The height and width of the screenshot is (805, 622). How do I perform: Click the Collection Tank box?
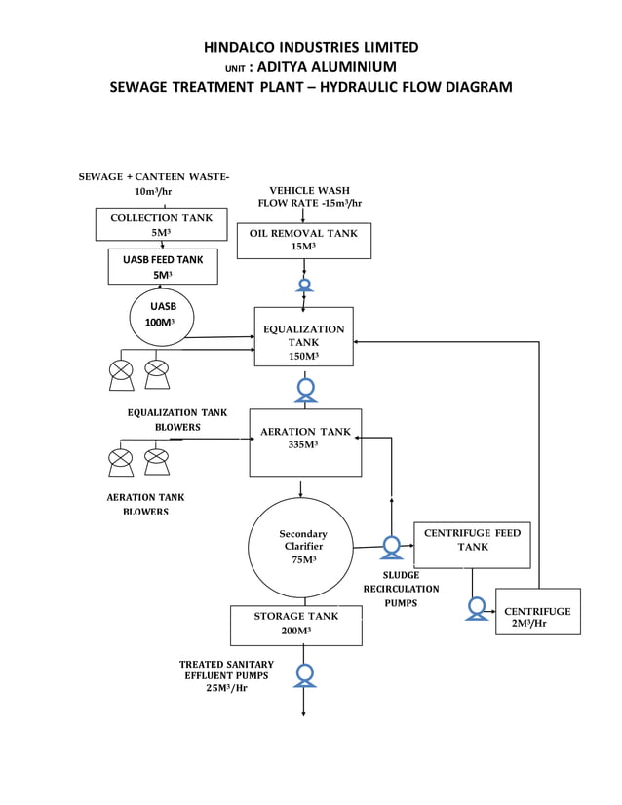161,224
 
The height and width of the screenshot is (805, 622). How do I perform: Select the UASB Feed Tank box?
162,266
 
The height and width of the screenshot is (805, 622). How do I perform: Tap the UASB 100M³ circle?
162,316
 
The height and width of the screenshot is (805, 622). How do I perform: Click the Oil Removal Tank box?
303,240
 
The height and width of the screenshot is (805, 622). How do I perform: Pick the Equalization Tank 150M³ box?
303,336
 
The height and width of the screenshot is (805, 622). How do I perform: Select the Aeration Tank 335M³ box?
305,441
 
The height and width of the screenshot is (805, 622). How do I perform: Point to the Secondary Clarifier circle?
302,547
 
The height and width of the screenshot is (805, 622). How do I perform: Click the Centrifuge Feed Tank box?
472,545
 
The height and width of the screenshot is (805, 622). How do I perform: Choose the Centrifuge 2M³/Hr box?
537,611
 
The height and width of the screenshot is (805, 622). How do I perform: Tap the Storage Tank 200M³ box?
295,625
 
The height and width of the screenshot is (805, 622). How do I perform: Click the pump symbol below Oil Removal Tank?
304,285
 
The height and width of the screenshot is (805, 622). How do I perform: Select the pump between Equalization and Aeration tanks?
305,389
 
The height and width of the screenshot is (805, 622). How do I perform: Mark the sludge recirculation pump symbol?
392,547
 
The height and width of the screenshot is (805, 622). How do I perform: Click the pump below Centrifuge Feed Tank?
477,608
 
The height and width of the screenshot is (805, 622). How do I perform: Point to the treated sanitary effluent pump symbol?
305,673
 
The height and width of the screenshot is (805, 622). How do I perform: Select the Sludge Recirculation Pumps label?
401,589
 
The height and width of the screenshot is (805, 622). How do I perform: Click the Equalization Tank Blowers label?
176,420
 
